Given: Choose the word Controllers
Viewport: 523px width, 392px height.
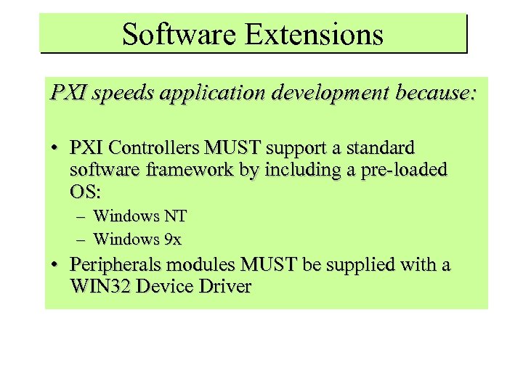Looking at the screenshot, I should (x=155, y=148).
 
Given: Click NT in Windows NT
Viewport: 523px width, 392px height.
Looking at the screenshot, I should (x=175, y=216).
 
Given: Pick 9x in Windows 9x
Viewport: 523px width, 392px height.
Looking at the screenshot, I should (x=172, y=238).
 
